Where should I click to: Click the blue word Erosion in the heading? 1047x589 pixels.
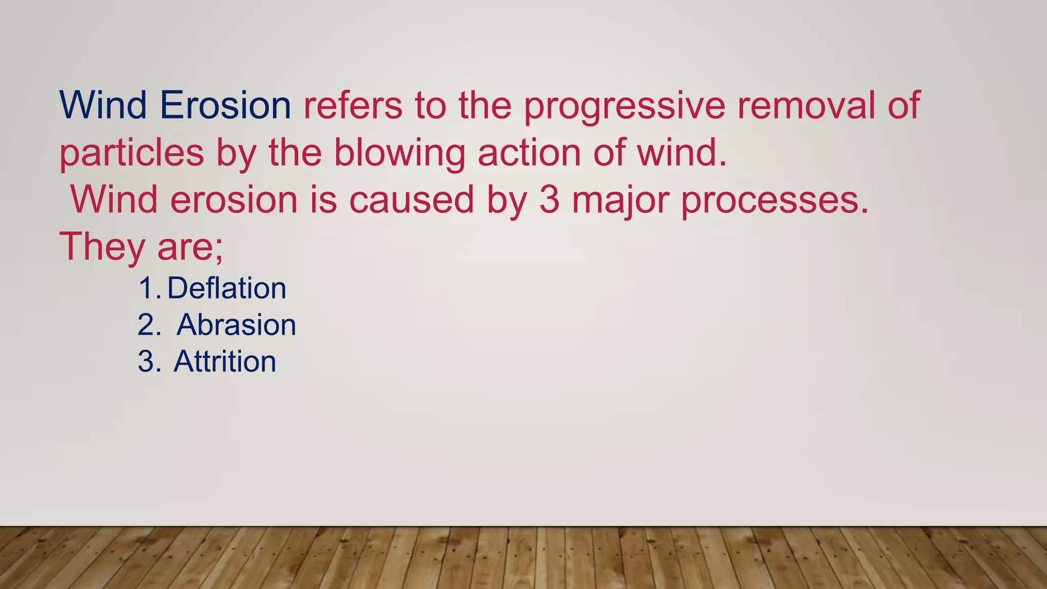click(225, 105)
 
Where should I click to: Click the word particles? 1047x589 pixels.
click(132, 153)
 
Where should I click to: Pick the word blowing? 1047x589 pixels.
click(399, 153)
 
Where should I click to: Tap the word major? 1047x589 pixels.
click(620, 200)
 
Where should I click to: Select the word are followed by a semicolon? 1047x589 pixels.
click(190, 247)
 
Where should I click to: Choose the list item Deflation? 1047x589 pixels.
click(226, 288)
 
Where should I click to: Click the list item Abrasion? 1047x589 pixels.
click(236, 325)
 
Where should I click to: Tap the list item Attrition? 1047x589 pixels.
click(225, 361)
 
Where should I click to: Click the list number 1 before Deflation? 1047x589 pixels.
click(148, 288)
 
